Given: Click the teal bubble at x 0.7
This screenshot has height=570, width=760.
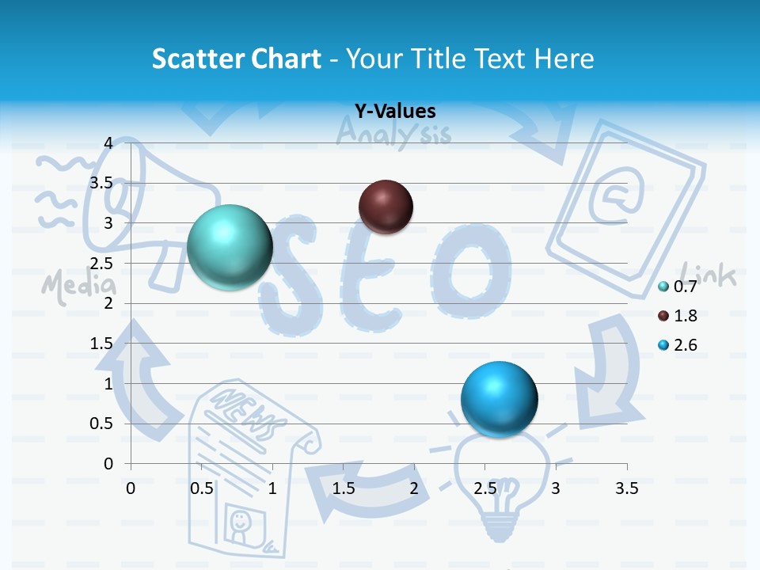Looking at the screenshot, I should pyautogui.click(x=230, y=247).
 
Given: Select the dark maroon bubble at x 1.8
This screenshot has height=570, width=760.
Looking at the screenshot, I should pyautogui.click(x=386, y=207).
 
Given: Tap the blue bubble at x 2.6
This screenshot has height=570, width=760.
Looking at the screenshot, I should pyautogui.click(x=499, y=398).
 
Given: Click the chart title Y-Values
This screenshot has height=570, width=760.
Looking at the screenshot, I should pyautogui.click(x=394, y=112).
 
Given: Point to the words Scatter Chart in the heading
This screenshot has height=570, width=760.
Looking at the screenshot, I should pyautogui.click(x=236, y=59).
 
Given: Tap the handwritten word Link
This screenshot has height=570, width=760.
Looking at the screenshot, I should pyautogui.click(x=709, y=275).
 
